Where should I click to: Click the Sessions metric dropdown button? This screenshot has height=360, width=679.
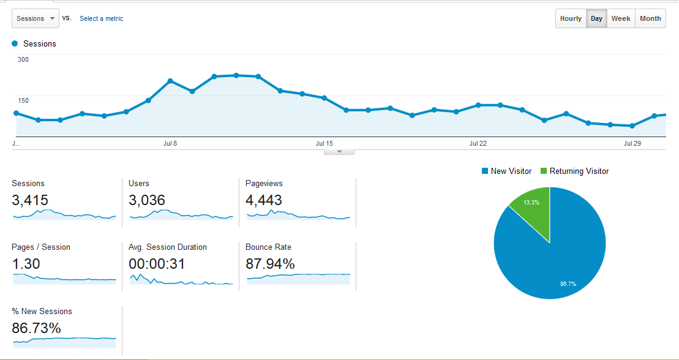pyautogui.click(x=36, y=18)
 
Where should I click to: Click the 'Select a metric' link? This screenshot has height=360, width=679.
pyautogui.click(x=101, y=18)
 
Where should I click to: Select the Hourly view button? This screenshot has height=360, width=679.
pyautogui.click(x=571, y=18)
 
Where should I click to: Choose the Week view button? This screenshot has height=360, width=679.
pyautogui.click(x=620, y=18)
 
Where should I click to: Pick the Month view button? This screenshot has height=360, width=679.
pyautogui.click(x=650, y=18)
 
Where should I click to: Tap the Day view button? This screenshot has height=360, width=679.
pyautogui.click(x=596, y=18)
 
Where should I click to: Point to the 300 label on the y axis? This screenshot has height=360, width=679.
pyautogui.click(x=23, y=59)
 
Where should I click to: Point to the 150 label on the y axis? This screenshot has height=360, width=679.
pyautogui.click(x=23, y=100)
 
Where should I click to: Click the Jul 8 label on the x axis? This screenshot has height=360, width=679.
pyautogui.click(x=170, y=143)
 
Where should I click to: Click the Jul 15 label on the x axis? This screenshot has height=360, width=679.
pyautogui.click(x=324, y=143)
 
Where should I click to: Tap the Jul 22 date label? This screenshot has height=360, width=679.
pyautogui.click(x=478, y=143)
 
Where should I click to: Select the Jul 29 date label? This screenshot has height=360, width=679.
pyautogui.click(x=632, y=143)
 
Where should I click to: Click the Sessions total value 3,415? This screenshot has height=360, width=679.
pyautogui.click(x=30, y=200)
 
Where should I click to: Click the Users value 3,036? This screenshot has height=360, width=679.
pyautogui.click(x=147, y=200)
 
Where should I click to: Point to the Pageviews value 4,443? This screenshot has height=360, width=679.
pyautogui.click(x=264, y=200)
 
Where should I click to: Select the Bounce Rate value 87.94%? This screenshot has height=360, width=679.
pyautogui.click(x=270, y=264)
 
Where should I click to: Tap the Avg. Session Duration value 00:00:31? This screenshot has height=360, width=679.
pyautogui.click(x=157, y=264)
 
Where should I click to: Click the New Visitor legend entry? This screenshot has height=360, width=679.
pyautogui.click(x=506, y=171)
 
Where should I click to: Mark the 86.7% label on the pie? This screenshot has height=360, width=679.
pyautogui.click(x=568, y=283)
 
